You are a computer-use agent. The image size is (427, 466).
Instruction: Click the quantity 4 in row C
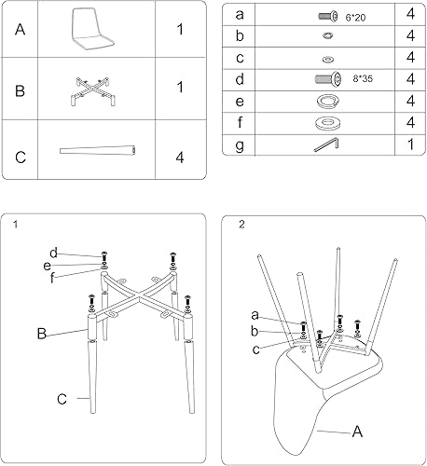click(x=179, y=156)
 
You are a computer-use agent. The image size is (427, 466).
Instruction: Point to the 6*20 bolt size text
click(x=355, y=16)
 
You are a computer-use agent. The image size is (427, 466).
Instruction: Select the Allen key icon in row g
click(x=325, y=144)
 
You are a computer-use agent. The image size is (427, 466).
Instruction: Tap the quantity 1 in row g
click(x=410, y=144)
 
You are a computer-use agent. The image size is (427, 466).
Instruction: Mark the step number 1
click(x=17, y=225)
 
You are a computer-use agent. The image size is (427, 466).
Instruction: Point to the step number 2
click(x=241, y=225)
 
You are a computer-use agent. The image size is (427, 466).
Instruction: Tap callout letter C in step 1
click(x=62, y=399)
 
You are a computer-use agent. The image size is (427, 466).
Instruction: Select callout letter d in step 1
click(x=54, y=253)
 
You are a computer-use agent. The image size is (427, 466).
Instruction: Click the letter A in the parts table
click(x=21, y=31)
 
